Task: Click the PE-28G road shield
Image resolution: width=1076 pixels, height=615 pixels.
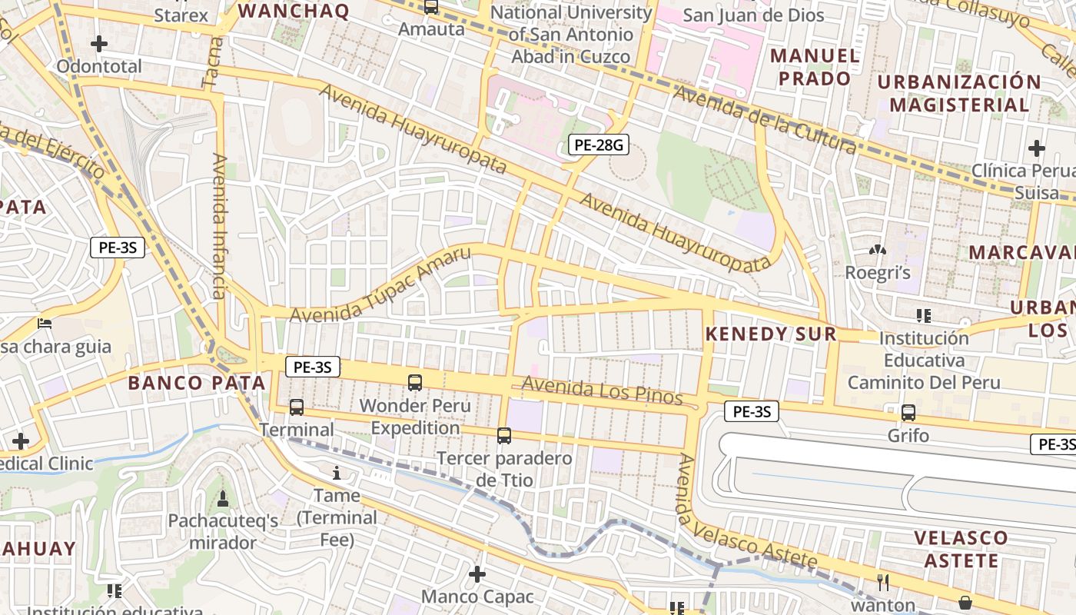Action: coord(598,144)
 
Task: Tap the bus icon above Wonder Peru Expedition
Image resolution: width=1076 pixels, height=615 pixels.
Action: coord(415,382)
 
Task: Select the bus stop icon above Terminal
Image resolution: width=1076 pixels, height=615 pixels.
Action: coord(297,407)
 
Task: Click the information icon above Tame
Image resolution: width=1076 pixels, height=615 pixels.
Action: coord(336,472)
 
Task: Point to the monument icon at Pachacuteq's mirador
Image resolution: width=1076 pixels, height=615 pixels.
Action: coord(223,499)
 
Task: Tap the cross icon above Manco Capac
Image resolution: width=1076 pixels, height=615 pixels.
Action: coord(477,574)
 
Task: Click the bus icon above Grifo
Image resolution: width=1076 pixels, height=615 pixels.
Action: coord(908,413)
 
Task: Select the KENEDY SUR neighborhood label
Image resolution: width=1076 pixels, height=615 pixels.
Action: coord(771,334)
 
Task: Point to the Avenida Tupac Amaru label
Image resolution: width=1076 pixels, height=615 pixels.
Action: coord(380,285)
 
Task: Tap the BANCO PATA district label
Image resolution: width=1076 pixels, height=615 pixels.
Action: coord(197,383)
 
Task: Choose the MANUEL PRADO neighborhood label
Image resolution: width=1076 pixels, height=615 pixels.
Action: coord(815,67)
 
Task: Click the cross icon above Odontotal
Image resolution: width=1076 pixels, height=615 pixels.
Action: coord(99,44)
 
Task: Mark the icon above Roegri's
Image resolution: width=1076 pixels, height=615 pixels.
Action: coord(877,250)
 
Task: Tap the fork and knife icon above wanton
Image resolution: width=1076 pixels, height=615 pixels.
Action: coord(883,583)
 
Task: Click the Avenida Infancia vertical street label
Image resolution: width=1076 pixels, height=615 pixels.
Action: coord(220,226)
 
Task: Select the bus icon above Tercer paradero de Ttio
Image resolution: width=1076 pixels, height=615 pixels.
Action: coord(504,436)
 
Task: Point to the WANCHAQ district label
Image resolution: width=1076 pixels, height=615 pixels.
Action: coord(293,11)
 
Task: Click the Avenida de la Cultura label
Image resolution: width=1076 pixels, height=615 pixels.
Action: coord(765,119)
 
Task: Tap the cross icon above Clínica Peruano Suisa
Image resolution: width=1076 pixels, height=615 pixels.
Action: coord(1037,148)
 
